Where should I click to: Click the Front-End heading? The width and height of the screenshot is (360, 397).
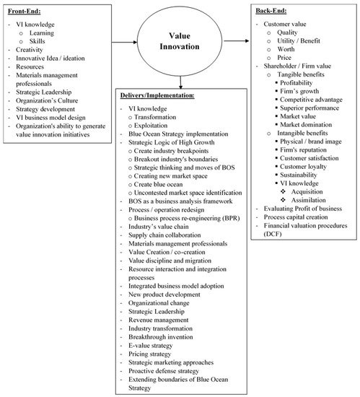coord(25,12)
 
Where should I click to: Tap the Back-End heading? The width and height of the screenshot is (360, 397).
coord(271,11)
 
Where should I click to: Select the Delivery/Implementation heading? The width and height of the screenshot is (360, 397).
coord(157,95)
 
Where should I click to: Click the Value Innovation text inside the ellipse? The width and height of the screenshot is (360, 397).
coord(180,41)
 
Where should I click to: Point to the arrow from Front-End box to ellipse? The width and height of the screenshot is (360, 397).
coord(124,42)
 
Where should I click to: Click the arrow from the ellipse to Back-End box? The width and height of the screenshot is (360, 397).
coord(237,40)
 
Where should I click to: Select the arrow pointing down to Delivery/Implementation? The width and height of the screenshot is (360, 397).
coord(180,82)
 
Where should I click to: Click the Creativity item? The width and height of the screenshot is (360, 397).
coord(30,50)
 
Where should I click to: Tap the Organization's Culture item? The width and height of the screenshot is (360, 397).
coord(47,100)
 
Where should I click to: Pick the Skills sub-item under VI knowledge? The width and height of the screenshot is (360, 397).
coord(38,41)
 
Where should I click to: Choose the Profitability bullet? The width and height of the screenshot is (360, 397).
coord(297,83)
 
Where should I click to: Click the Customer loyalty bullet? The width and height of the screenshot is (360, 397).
coord(303,167)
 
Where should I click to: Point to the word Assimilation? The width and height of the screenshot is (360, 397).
coord(308,200)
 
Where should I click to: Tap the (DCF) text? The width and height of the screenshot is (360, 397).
coord(273,234)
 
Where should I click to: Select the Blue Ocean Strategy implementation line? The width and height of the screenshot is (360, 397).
coord(178,134)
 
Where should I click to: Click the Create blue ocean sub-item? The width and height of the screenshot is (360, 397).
coord(158,184)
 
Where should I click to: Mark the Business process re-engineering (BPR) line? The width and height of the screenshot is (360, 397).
coord(187,218)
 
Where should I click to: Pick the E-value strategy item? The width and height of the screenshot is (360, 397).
coord(151,346)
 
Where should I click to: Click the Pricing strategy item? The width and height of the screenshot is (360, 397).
coord(150,354)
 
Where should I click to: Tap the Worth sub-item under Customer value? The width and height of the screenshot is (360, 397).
coord(286,49)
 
